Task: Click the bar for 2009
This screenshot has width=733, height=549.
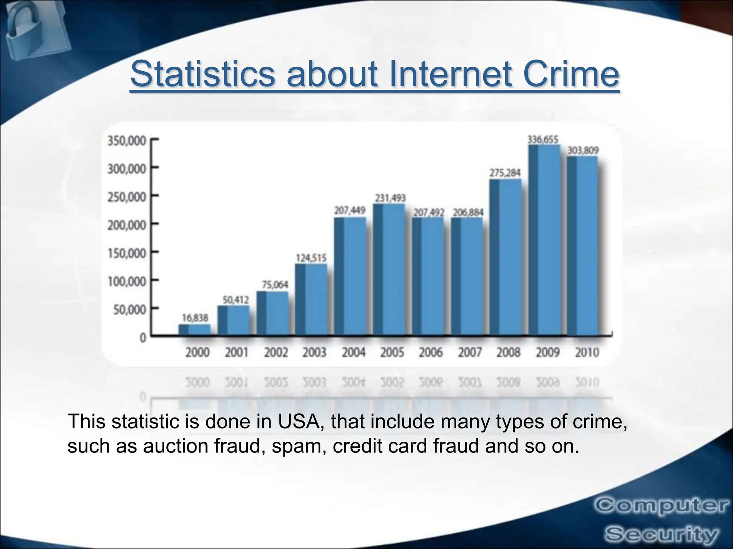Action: point(544,239)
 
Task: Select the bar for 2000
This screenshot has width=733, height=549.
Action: point(195,330)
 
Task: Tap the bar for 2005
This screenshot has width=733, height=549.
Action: point(389,269)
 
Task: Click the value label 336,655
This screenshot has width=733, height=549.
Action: point(543,139)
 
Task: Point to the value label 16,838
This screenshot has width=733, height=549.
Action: point(195,317)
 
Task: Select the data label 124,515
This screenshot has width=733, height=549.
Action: point(311,257)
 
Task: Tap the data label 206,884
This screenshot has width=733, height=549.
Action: point(468,213)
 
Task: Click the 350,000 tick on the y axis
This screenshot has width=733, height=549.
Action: point(127,141)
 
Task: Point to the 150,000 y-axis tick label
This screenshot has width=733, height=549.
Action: point(127,253)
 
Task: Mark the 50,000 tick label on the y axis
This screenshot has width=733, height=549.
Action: point(130,310)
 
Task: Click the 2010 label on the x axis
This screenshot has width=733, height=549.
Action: point(587,353)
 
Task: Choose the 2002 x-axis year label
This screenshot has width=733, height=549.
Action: point(276,353)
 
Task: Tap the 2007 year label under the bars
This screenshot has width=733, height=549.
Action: point(470,353)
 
